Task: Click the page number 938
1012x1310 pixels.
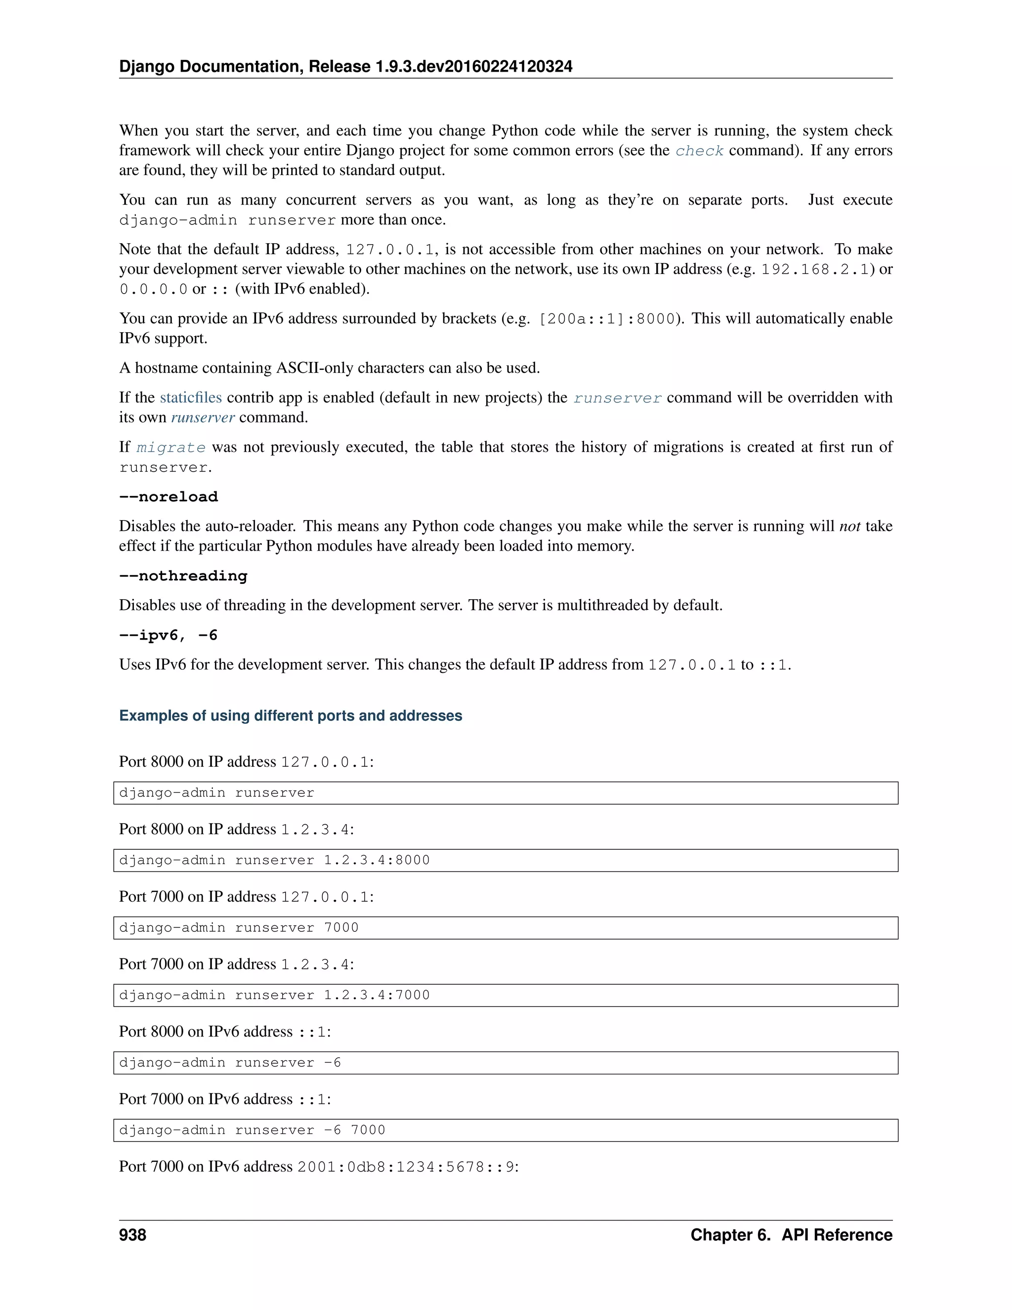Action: [132, 1235]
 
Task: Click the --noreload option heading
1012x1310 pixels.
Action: [169, 497]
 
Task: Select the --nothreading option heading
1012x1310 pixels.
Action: [183, 576]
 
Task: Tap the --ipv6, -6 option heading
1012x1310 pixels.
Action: [168, 635]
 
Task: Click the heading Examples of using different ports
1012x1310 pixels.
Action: [290, 716]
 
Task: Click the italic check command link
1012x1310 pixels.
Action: [699, 151]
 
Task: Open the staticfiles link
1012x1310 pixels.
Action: [191, 397]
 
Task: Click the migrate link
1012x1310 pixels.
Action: [171, 447]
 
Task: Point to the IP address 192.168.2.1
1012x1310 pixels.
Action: [815, 270]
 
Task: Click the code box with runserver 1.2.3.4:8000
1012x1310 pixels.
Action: [506, 860]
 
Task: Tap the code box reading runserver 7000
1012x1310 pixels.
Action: [506, 928]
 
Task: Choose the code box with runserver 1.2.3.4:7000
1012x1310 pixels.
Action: [506, 995]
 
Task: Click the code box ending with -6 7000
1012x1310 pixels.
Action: [506, 1130]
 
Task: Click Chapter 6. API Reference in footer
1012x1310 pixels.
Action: [791, 1235]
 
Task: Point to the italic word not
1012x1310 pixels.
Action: [849, 526]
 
